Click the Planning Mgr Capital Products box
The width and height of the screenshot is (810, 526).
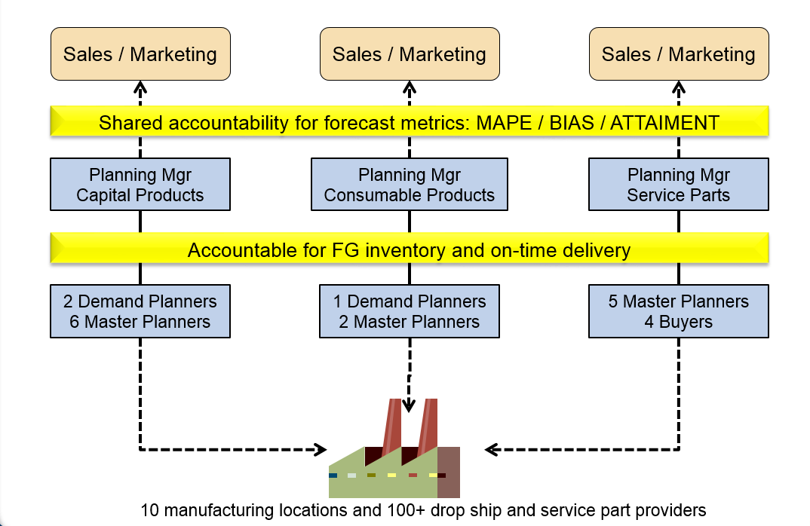140,185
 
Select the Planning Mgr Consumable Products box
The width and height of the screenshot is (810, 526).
409,185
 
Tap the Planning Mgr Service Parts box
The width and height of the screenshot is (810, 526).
678,185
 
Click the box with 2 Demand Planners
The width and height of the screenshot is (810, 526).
140,311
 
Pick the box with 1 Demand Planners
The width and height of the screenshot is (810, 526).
409,311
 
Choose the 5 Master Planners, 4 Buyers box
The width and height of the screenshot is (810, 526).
678,311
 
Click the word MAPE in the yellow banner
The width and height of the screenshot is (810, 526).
504,123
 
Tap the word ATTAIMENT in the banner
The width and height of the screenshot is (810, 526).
665,123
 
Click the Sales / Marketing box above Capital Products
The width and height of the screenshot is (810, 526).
140,54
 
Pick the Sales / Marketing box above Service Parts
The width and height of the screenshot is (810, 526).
679,54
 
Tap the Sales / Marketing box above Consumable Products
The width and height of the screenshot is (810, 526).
410,54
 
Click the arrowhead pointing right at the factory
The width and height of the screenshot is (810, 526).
321,450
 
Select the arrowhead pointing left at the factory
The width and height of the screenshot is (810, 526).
491,450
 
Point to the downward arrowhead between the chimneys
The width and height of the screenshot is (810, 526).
409,405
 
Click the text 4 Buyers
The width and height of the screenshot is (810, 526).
678,322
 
